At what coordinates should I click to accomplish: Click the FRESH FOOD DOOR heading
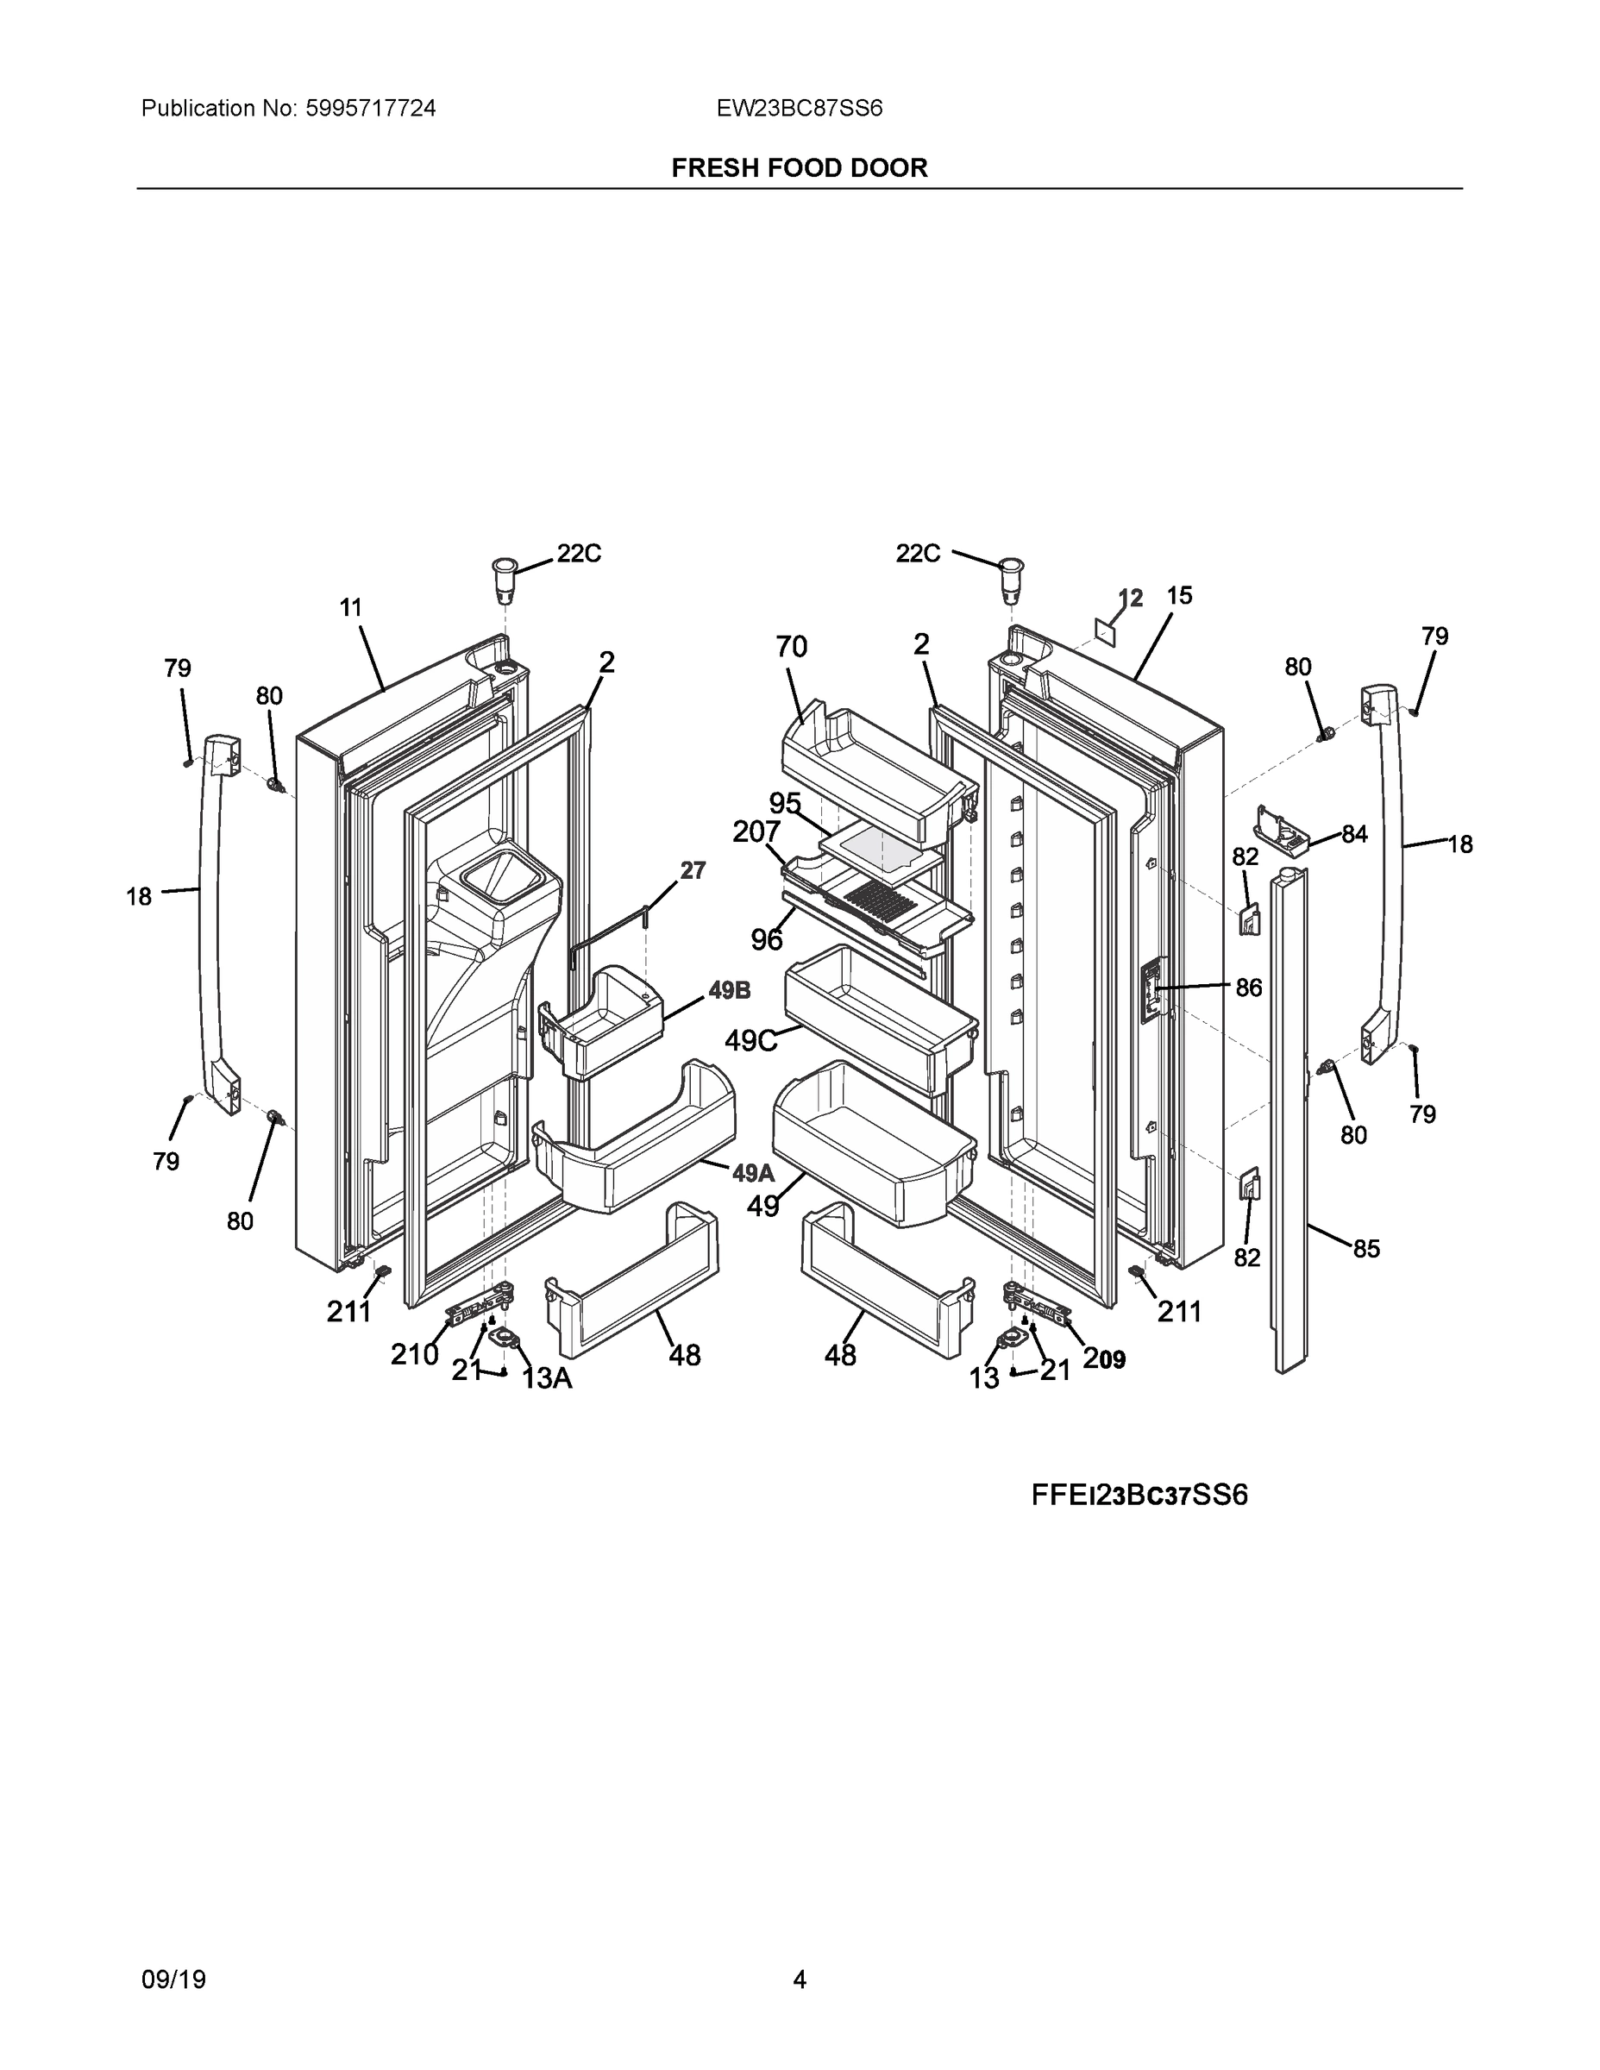point(799,168)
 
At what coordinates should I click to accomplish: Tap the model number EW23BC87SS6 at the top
point(799,109)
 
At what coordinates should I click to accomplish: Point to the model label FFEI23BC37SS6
point(1139,1495)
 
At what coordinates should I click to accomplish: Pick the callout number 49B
point(729,990)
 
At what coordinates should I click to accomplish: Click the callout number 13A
point(547,1378)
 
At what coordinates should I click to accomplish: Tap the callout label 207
point(756,831)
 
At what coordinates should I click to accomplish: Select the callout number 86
point(1248,988)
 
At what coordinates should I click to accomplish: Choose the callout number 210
point(414,1355)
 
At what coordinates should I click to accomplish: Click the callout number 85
point(1366,1249)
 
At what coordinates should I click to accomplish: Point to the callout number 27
point(693,870)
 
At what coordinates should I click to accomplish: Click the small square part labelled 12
point(1103,630)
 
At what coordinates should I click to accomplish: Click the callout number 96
point(767,939)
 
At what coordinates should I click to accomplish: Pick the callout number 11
point(351,607)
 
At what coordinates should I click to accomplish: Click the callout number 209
point(1104,1359)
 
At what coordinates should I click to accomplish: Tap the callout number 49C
point(750,1041)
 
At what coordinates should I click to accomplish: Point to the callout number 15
point(1179,595)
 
